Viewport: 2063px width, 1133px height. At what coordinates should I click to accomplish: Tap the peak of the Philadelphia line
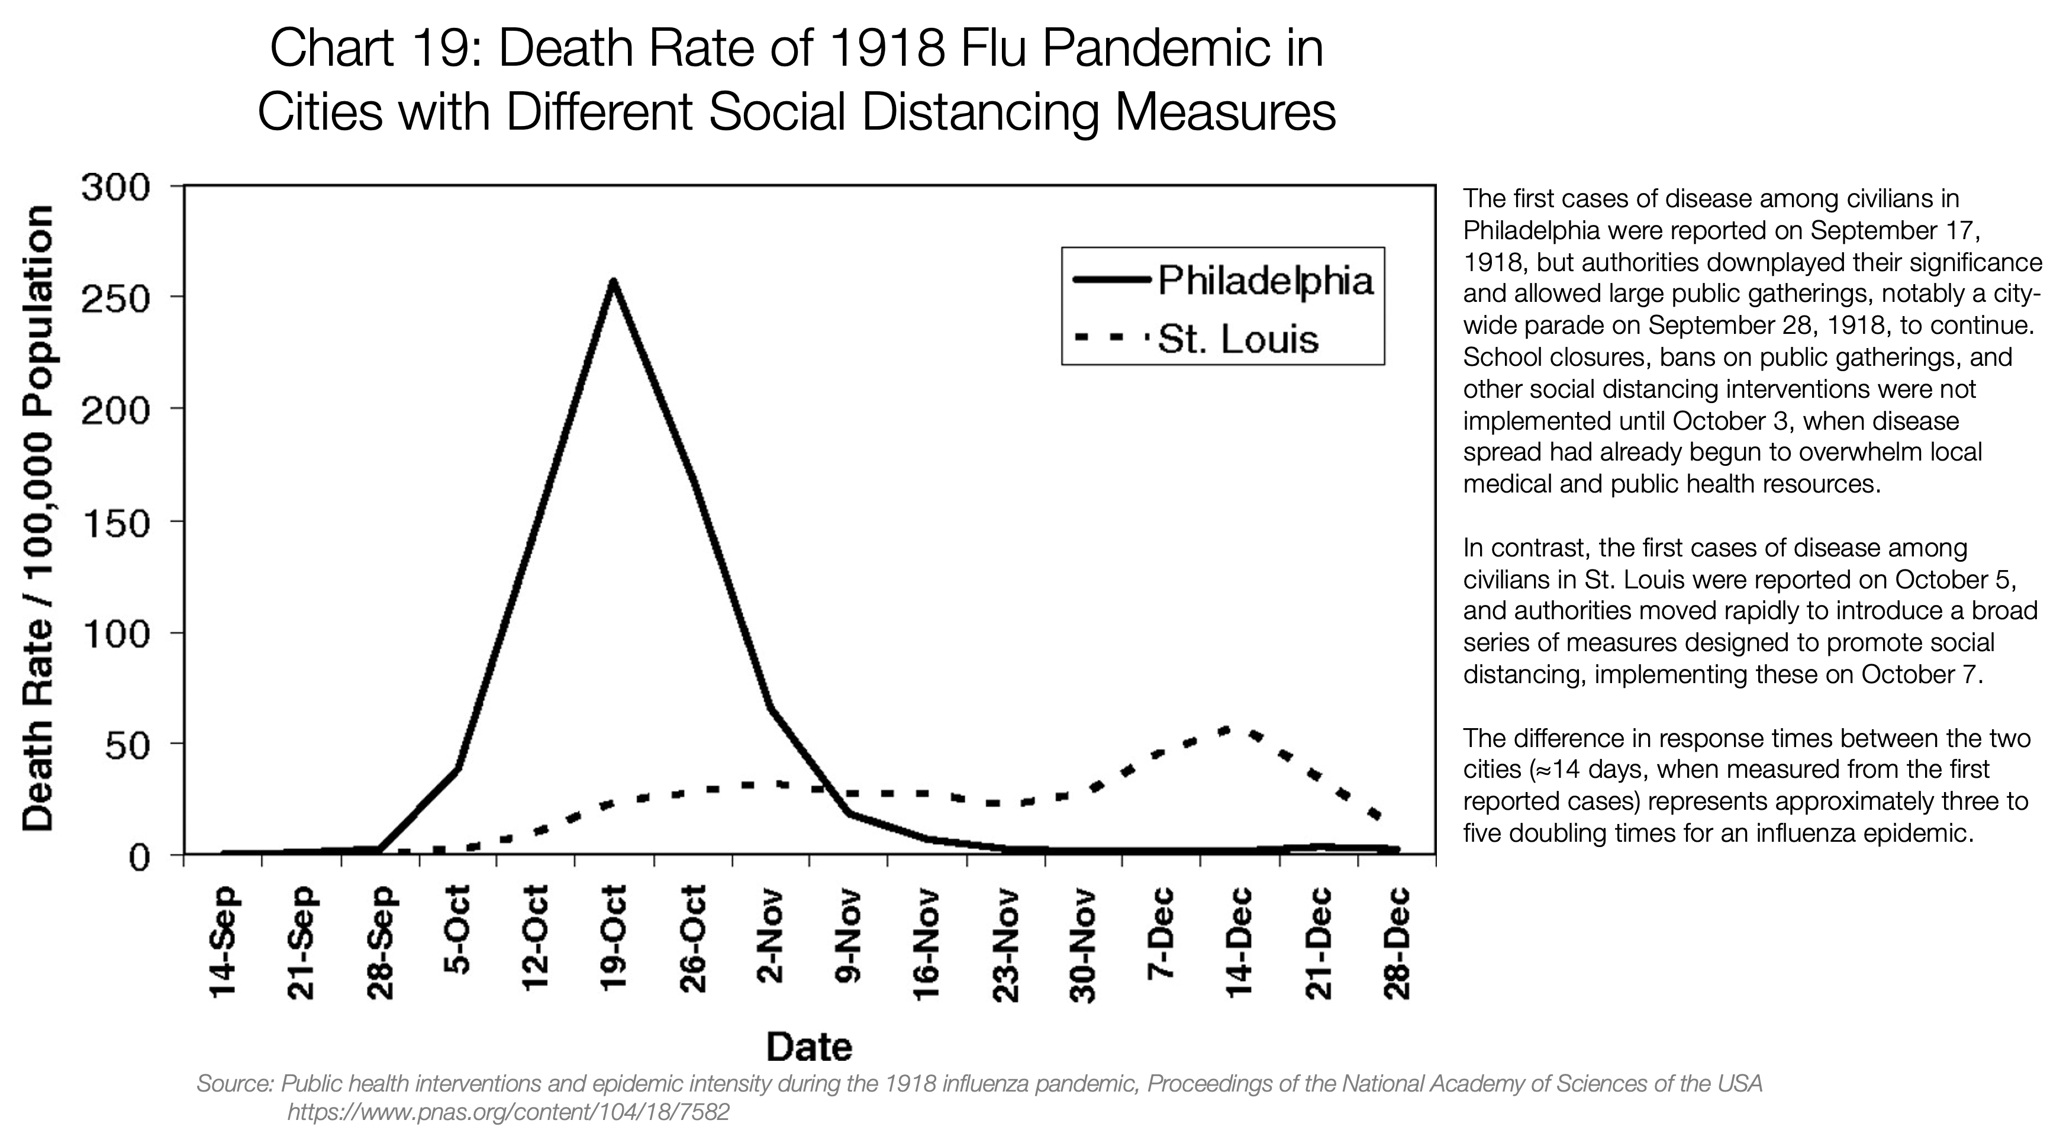[x=613, y=282]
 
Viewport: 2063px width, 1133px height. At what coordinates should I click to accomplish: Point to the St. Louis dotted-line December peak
[x=1225, y=729]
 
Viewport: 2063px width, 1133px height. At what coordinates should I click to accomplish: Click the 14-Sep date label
[x=223, y=941]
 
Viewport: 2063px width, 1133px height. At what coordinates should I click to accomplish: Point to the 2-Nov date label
[x=771, y=938]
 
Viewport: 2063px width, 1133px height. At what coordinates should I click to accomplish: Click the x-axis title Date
[x=809, y=1047]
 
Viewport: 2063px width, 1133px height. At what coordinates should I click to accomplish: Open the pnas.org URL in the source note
[x=508, y=1112]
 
